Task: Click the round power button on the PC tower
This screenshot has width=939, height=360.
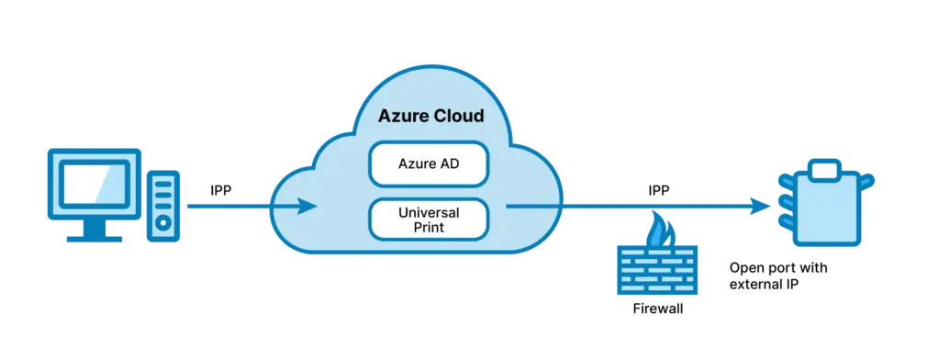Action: tap(163, 223)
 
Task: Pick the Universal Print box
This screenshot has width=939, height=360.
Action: tap(429, 219)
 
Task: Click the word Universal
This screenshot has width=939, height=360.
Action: tap(429, 211)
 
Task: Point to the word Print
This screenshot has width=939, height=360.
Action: tap(429, 226)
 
